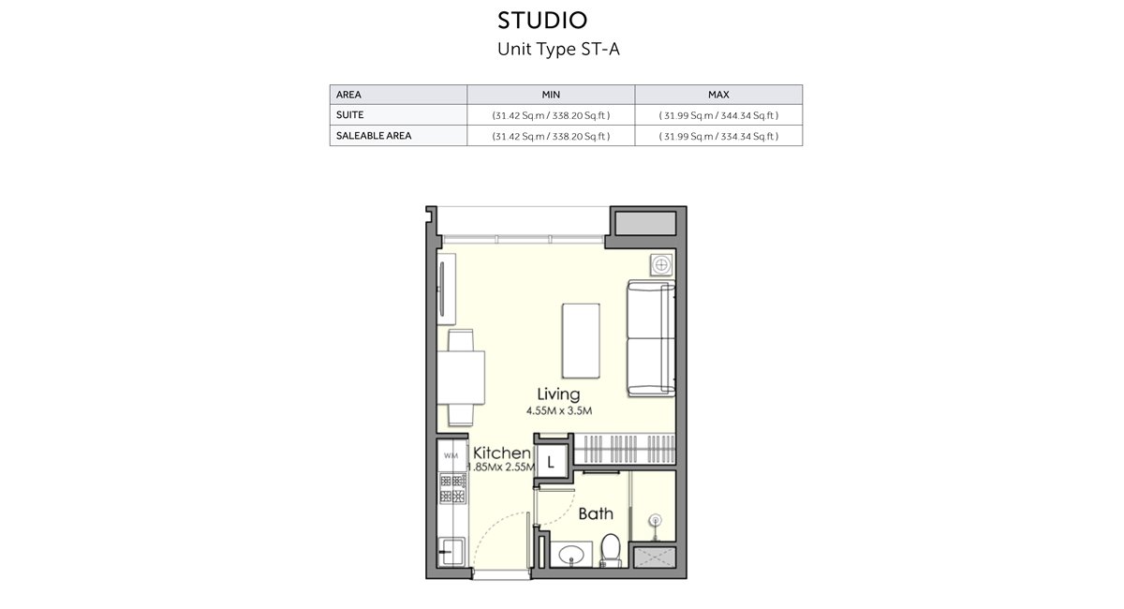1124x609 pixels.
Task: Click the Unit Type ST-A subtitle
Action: point(558,50)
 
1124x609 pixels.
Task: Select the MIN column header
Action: point(551,95)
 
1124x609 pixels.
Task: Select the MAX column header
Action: point(718,95)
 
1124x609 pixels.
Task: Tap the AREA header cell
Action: point(348,95)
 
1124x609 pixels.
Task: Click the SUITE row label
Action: point(350,115)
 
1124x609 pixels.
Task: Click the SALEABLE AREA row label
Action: point(374,136)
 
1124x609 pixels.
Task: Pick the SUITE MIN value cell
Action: point(551,115)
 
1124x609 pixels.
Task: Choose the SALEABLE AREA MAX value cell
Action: point(718,136)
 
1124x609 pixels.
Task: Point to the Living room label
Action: point(558,394)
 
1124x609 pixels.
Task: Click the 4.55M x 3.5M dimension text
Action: point(558,410)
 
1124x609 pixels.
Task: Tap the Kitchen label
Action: point(502,453)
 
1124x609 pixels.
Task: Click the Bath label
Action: point(595,513)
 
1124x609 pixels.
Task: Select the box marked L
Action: point(551,461)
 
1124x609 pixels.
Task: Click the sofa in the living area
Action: point(650,337)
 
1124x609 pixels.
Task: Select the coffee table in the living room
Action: point(581,338)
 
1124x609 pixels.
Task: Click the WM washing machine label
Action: point(451,456)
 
